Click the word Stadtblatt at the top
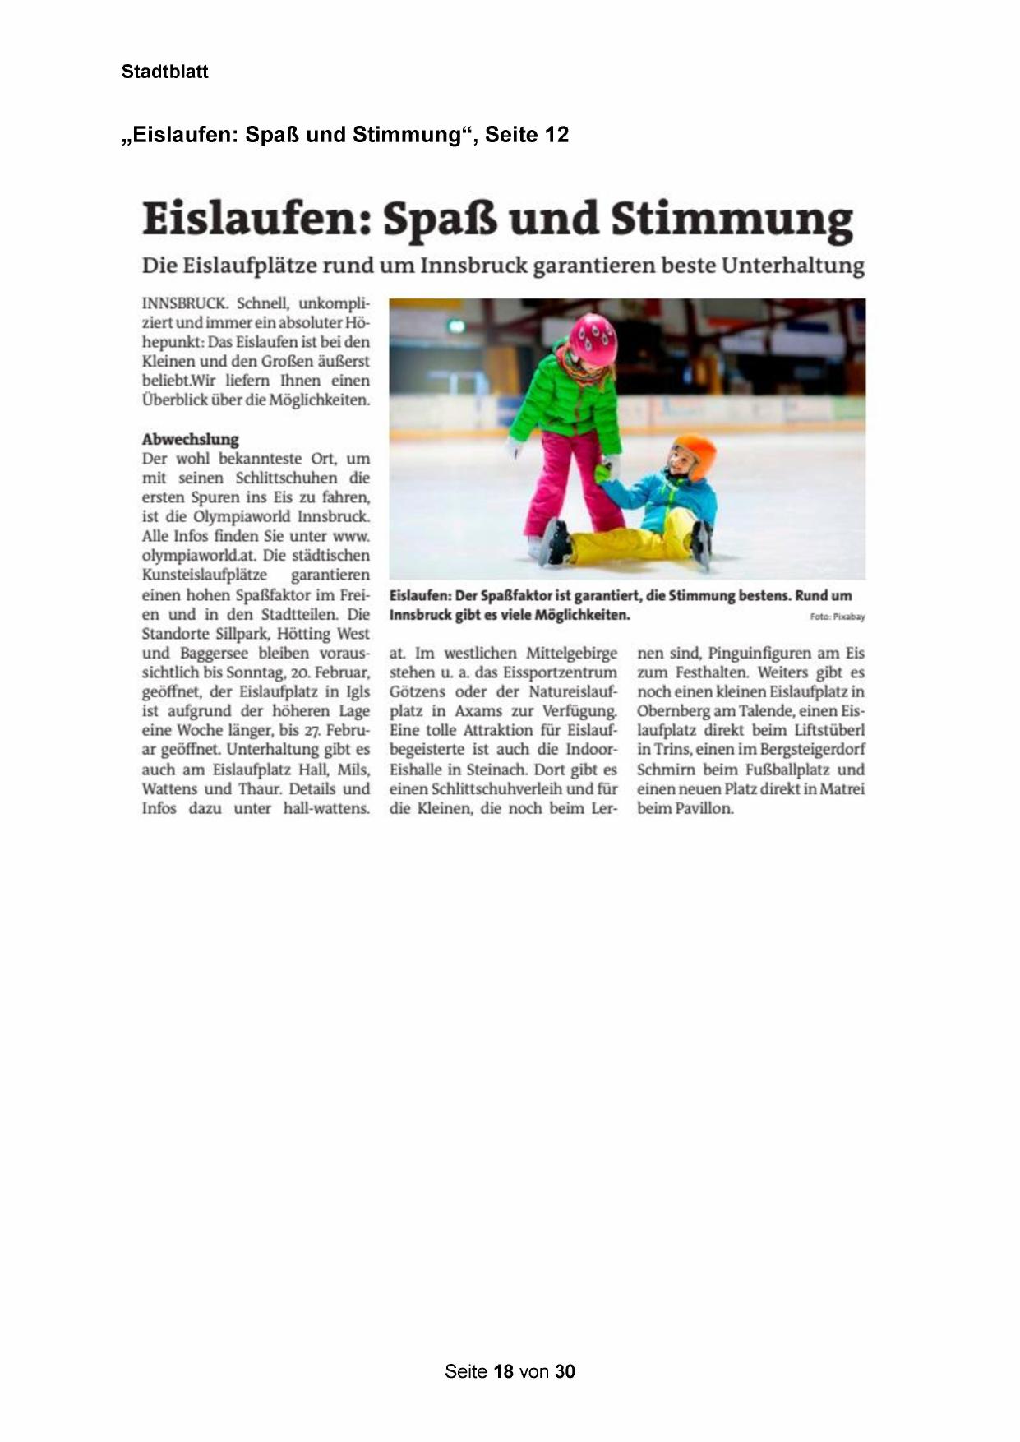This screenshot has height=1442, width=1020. [x=164, y=72]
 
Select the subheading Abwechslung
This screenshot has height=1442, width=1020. [x=190, y=439]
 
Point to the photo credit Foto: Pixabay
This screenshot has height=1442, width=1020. [x=837, y=617]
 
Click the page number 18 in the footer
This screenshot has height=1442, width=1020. [x=504, y=1371]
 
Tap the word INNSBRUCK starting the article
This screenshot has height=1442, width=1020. [x=185, y=303]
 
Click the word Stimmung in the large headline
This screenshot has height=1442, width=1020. [x=732, y=220]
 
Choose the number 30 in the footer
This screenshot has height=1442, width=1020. [x=565, y=1371]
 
